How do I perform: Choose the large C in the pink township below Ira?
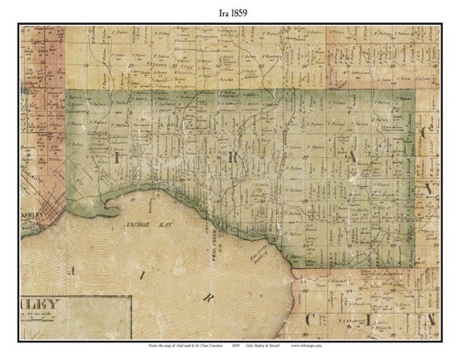coord(308,320)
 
